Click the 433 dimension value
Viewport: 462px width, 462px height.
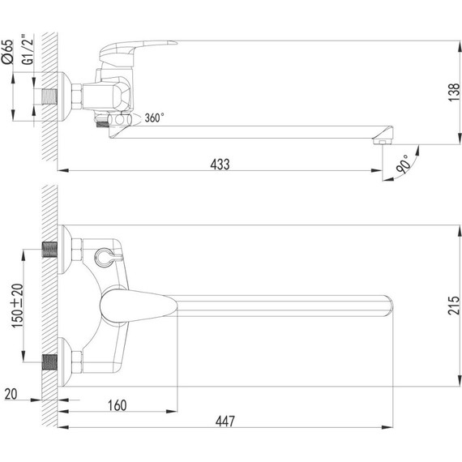tap(220, 165)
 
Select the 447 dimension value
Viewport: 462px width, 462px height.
tap(225, 421)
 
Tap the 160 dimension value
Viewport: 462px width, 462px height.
tap(118, 405)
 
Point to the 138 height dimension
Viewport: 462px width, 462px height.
tap(454, 92)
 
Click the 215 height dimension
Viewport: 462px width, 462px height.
tap(454, 306)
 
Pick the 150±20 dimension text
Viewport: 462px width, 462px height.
tap(17, 306)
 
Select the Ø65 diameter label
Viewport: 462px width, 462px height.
tap(7, 52)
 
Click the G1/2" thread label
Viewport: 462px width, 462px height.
tap(28, 49)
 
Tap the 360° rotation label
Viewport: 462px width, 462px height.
tap(154, 118)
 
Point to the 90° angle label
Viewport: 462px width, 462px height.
tap(403, 164)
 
